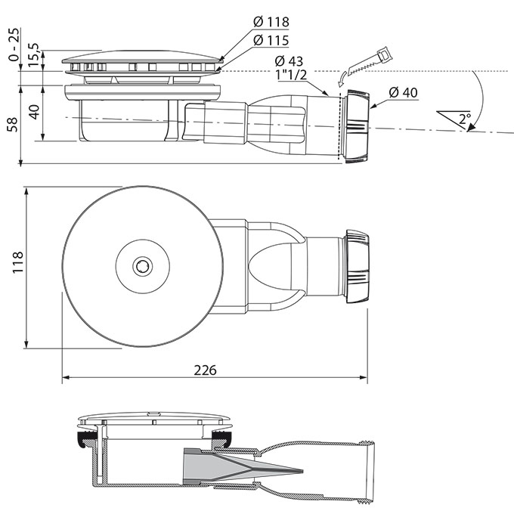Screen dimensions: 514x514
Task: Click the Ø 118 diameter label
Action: pyautogui.click(x=271, y=22)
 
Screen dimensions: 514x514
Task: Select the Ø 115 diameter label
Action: pyautogui.click(x=271, y=40)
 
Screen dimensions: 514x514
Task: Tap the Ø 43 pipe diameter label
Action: pyautogui.click(x=289, y=61)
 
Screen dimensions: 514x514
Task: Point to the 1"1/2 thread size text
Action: pyautogui.click(x=292, y=75)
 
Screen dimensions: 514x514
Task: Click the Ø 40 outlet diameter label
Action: pyautogui.click(x=403, y=92)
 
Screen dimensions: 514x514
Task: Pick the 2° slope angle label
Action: pyautogui.click(x=465, y=118)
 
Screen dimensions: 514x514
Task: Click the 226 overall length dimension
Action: pyautogui.click(x=205, y=370)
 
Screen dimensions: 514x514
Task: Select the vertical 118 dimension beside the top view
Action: pyautogui.click(x=17, y=262)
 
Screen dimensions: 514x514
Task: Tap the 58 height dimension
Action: pyautogui.click(x=13, y=125)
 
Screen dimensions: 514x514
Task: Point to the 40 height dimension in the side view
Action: pyautogui.click(x=35, y=112)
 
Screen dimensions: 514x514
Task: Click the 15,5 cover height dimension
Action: pyautogui.click(x=33, y=55)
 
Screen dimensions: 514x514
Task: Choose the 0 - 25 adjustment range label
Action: pyautogui.click(x=14, y=45)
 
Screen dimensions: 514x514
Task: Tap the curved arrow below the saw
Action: pyautogui.click(x=342, y=79)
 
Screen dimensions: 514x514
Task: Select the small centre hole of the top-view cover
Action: pyautogui.click(x=143, y=265)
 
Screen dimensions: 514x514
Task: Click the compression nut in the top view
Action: pyautogui.click(x=358, y=267)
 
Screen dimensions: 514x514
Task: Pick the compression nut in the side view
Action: pyautogui.click(x=357, y=126)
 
